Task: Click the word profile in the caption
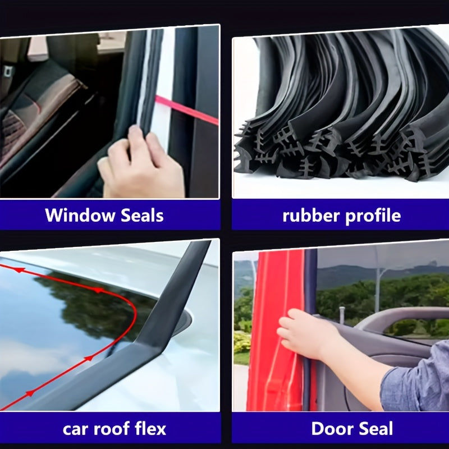(x=371, y=216)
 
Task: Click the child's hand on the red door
(x=303, y=334)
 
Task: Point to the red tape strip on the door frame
(x=185, y=110)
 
